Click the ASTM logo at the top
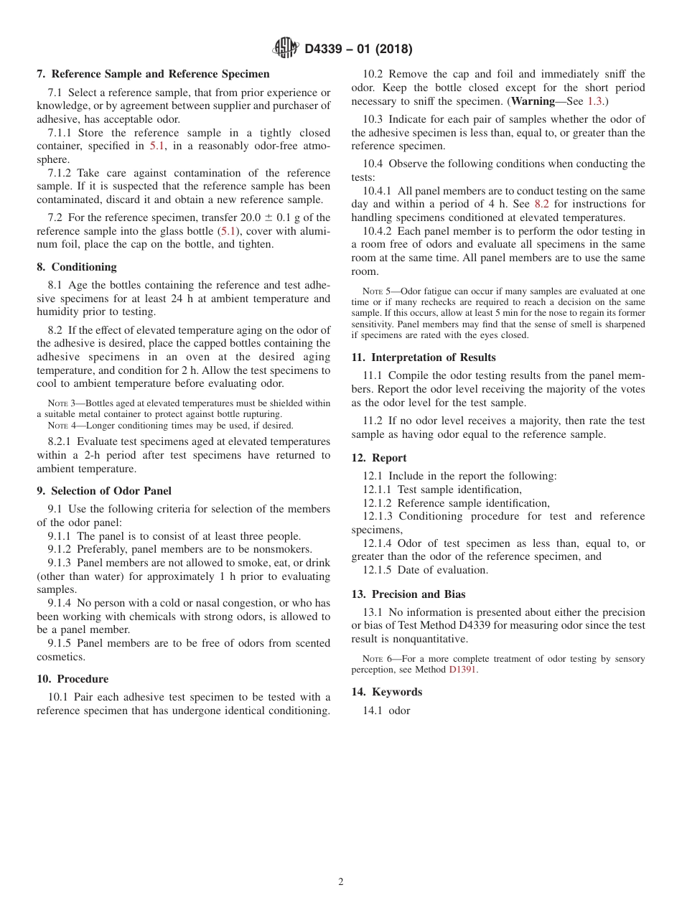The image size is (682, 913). click(x=287, y=49)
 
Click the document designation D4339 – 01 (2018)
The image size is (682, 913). click(x=358, y=50)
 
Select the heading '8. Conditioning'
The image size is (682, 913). click(x=77, y=267)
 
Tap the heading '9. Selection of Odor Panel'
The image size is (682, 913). click(x=104, y=491)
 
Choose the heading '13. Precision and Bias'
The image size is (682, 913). click(x=408, y=594)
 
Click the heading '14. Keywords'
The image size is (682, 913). click(x=387, y=692)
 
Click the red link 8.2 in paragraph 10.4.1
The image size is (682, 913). click(x=541, y=204)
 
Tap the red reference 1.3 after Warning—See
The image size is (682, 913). click(x=595, y=101)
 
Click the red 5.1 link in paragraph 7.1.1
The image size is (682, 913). click(x=157, y=146)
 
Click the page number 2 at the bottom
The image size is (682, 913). click(x=341, y=882)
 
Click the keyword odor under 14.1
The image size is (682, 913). click(x=400, y=711)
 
